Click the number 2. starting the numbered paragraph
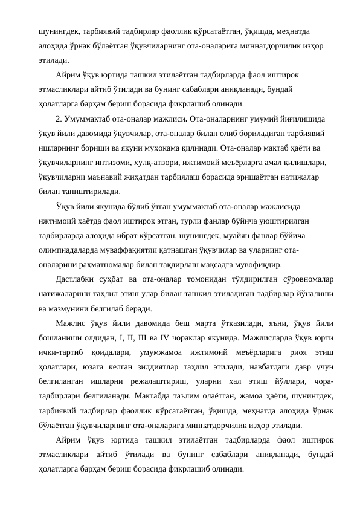[x=59, y=119]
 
